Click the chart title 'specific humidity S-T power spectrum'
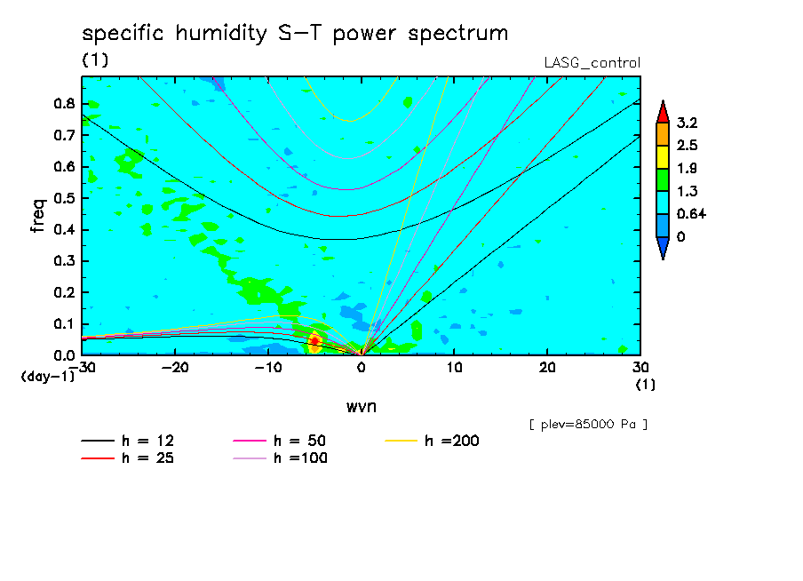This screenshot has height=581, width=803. [295, 34]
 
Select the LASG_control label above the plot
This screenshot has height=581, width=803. [592, 63]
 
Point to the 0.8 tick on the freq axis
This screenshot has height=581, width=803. [64, 103]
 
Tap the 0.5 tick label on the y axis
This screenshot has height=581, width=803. [64, 198]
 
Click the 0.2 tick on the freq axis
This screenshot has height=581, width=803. [64, 292]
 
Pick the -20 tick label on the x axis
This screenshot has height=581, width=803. [175, 368]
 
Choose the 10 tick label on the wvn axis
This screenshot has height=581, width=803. [454, 368]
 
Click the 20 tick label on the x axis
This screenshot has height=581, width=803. [547, 368]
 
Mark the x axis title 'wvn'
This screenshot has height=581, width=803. [362, 407]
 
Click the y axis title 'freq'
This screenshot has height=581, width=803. [38, 216]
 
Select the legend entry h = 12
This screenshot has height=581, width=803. [128, 441]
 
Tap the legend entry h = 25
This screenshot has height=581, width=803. [128, 458]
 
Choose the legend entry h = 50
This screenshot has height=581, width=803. [280, 441]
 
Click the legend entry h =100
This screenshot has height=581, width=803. [280, 458]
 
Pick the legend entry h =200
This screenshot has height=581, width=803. [433, 441]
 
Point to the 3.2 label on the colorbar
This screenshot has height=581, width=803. [687, 123]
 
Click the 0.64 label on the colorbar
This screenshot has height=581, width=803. [691, 214]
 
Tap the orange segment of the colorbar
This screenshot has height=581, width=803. [663, 134]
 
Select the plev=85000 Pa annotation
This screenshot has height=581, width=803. [588, 425]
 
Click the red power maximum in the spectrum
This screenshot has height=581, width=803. [315, 341]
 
